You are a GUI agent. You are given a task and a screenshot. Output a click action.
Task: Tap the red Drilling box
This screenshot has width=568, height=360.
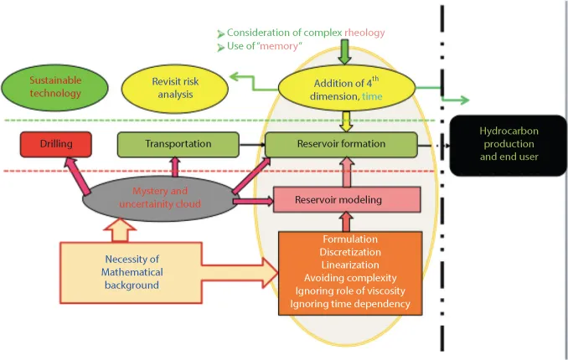point(55,145)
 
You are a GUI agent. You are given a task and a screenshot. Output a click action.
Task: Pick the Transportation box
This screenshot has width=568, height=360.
point(178,144)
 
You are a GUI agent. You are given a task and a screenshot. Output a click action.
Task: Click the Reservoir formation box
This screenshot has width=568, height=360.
point(341,144)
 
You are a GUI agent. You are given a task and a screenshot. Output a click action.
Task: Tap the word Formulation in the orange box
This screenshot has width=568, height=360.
point(344,239)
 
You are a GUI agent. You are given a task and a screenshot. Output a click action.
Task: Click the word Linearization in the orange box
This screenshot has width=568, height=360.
point(344,265)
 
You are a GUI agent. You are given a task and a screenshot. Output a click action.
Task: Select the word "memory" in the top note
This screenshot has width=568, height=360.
point(282,47)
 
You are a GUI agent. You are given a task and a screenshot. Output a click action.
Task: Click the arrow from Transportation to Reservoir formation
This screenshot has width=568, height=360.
point(249,144)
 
